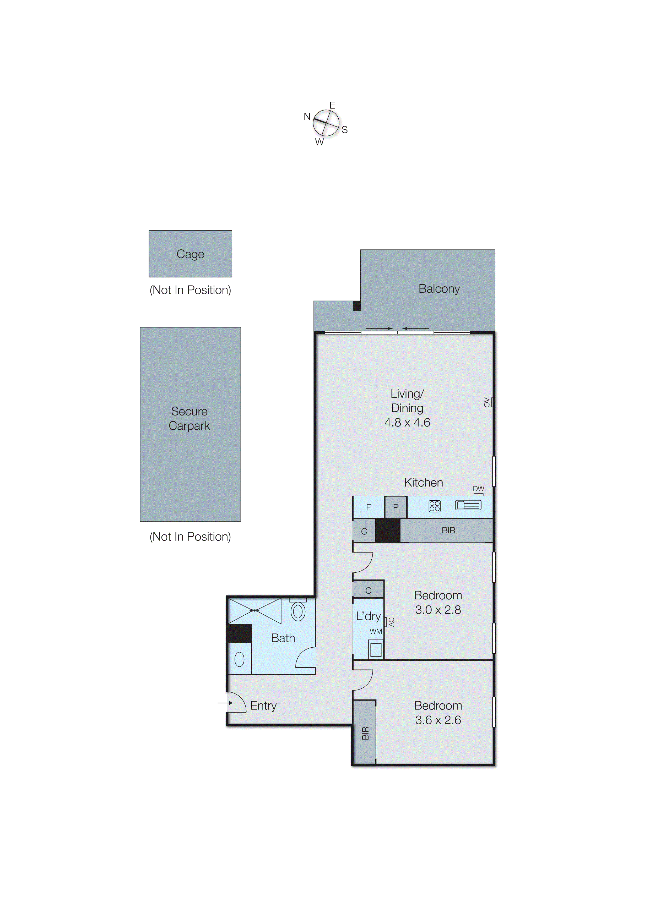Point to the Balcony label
tap(439, 289)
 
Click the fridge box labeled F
tap(369, 507)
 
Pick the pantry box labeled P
tap(396, 507)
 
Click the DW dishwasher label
tap(478, 489)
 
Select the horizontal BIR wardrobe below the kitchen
tap(448, 530)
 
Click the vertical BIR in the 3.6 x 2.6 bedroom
tap(365, 732)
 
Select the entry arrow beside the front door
tap(225, 703)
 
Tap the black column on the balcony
tap(356, 306)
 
